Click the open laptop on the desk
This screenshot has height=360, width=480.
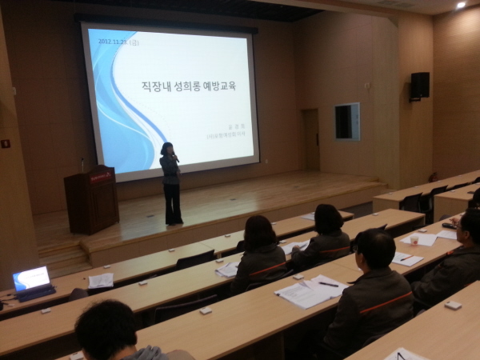(32, 282)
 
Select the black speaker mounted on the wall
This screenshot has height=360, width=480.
(419, 85)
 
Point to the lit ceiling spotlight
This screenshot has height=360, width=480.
(461, 5)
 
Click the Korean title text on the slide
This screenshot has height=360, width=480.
(189, 86)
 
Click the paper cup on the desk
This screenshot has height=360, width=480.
(414, 238)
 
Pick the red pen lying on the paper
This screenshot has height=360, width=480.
(404, 258)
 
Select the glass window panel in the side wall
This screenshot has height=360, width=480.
(347, 122)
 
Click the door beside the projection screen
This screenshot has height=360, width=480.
(310, 139)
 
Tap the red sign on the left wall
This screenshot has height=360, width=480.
(5, 143)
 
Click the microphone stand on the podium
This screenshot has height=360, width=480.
(82, 164)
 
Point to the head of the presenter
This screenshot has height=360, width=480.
(168, 149)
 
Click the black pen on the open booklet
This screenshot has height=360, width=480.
(328, 284)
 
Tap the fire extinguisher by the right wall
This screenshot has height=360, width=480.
(433, 177)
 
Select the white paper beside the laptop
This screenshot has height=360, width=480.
(101, 280)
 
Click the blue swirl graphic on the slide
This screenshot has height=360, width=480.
(120, 104)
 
